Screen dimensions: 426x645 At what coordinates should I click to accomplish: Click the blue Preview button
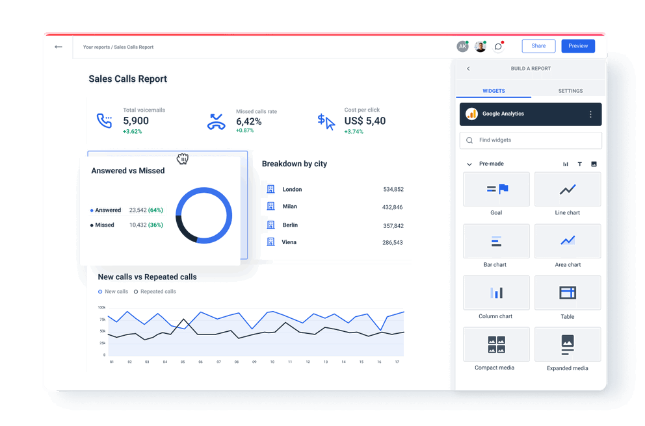[577, 46]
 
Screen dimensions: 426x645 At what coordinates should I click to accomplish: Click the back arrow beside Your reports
[59, 47]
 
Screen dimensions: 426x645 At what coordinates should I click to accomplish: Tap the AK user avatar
[462, 47]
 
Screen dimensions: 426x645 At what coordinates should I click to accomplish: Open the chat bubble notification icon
[498, 47]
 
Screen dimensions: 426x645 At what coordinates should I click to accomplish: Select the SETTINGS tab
[570, 91]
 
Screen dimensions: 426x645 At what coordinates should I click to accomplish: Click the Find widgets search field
[531, 140]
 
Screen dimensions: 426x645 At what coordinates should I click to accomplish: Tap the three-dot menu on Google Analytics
[590, 114]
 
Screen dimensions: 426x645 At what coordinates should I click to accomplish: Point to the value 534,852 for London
[393, 190]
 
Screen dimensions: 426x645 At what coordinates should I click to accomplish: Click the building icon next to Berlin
[271, 225]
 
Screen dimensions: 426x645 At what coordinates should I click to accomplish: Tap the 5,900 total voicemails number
[136, 121]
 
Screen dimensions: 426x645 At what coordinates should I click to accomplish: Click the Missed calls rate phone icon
[216, 121]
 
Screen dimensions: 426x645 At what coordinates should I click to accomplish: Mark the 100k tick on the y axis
[102, 307]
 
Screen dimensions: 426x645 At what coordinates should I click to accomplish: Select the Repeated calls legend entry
[155, 292]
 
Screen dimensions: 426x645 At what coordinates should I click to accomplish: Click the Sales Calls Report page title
[128, 79]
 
